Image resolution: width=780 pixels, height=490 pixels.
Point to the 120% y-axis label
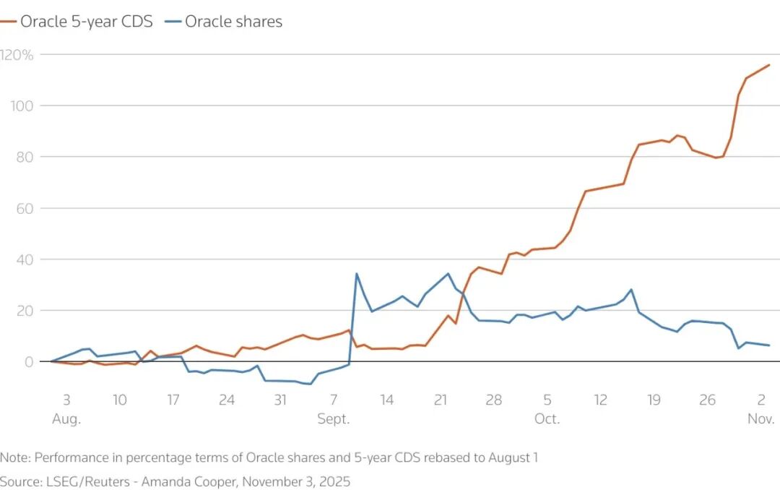[x=18, y=54]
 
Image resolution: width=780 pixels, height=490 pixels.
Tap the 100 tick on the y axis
[x=22, y=106]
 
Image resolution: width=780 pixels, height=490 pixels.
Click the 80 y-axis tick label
[x=25, y=157]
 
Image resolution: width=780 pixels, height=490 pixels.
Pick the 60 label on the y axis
[x=25, y=208]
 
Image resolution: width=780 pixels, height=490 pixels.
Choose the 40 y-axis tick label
[x=25, y=259]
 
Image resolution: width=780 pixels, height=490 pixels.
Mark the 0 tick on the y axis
[x=29, y=361]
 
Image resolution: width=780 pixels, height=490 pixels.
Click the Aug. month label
[x=66, y=419]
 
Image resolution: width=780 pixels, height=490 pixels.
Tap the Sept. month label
[x=333, y=419]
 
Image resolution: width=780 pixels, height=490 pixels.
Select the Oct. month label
[x=547, y=419]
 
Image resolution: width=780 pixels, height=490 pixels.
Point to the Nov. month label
[x=760, y=419]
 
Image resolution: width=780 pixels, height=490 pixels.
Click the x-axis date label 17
[x=173, y=400]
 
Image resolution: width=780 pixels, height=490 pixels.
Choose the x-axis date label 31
[x=280, y=400]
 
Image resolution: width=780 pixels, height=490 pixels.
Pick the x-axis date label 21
[x=441, y=400]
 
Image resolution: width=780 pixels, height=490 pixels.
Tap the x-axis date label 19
[x=654, y=400]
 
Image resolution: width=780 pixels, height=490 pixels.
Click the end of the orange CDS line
[x=769, y=65]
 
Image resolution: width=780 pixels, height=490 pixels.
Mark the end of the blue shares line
[x=769, y=345]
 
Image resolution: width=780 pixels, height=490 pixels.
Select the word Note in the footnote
[x=14, y=457]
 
